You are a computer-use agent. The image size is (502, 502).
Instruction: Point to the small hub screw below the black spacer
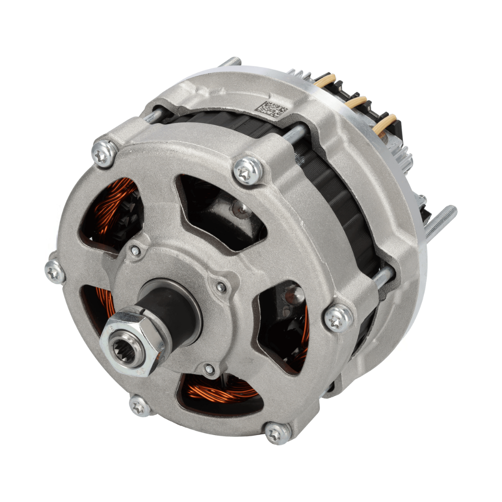(x=209, y=370)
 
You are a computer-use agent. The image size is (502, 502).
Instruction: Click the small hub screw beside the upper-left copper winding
(x=135, y=251)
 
